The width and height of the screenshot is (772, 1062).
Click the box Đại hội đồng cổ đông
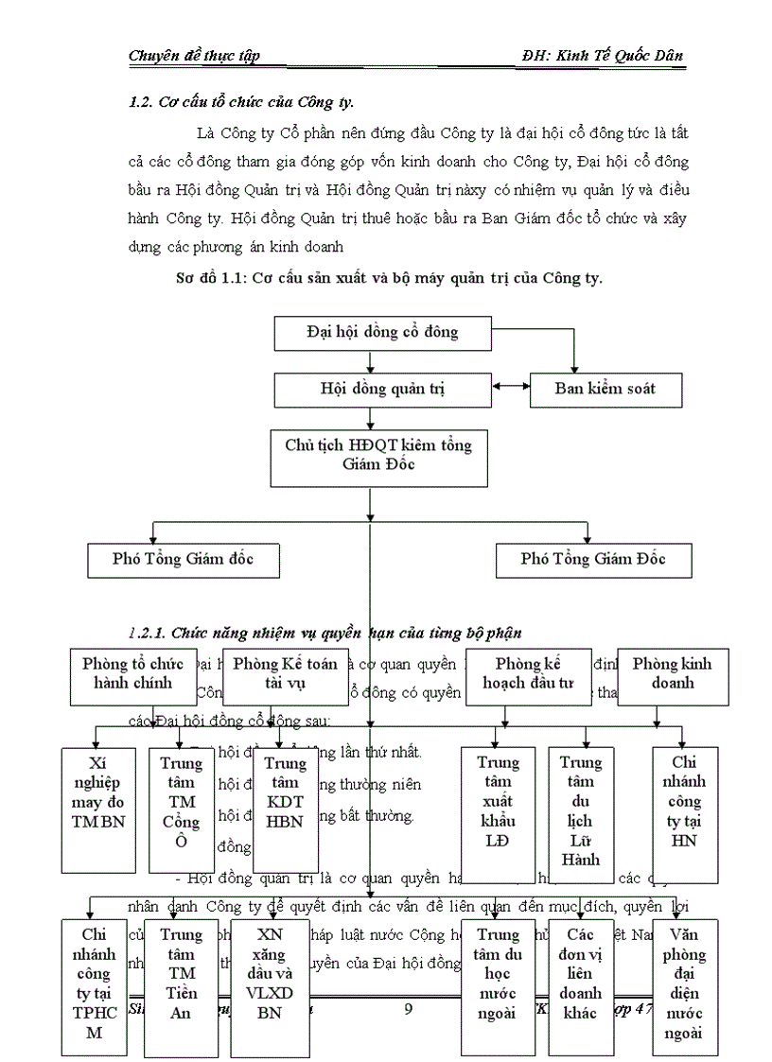coord(382,333)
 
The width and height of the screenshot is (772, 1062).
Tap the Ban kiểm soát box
coord(592,389)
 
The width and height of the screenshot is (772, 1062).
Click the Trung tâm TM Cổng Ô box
coord(182,809)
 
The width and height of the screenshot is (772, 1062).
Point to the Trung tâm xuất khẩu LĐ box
coord(499,809)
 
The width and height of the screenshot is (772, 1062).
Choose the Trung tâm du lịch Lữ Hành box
coord(581,809)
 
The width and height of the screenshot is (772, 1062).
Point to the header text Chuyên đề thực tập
coord(193,56)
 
